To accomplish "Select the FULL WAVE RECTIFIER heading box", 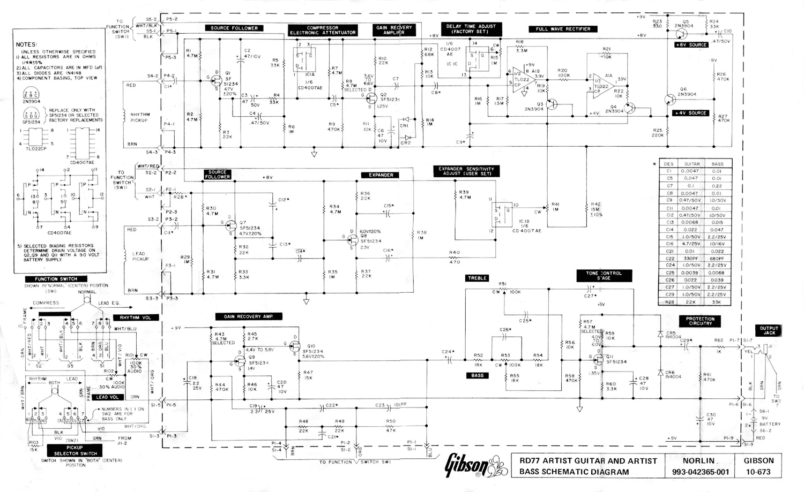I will [x=563, y=29].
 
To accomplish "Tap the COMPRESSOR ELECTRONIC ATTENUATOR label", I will [x=323, y=30].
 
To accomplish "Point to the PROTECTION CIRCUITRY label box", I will [x=700, y=321].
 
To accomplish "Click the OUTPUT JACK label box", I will [x=769, y=330].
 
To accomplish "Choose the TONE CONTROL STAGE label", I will [x=604, y=276].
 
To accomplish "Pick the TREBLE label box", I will [x=477, y=278].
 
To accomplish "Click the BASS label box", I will [x=477, y=375].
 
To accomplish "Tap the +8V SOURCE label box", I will [x=691, y=45].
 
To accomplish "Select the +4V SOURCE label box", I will [x=690, y=113].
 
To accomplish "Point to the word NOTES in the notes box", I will [x=26, y=45].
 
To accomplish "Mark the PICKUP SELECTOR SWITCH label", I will [x=75, y=450].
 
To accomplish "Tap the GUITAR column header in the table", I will [x=691, y=164].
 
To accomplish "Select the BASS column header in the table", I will [x=717, y=164].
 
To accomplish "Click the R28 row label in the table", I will [x=669, y=302].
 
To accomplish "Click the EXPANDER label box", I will [x=381, y=175].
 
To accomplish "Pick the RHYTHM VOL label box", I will [x=136, y=317].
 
